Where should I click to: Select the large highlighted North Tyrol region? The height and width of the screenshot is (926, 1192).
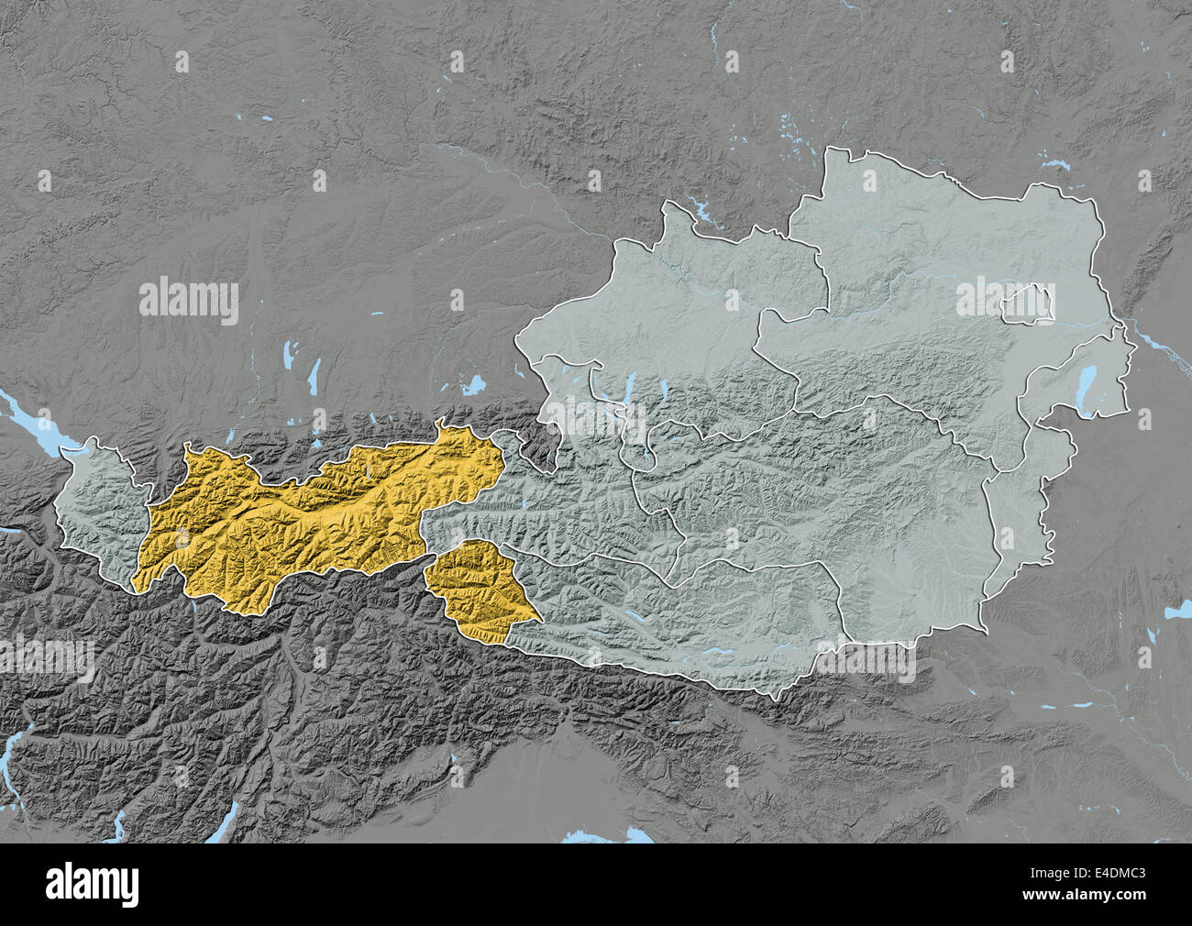click(312, 513)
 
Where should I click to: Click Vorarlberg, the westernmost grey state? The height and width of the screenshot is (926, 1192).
click(96, 513)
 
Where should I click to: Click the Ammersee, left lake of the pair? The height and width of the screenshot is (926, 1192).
click(290, 353)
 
